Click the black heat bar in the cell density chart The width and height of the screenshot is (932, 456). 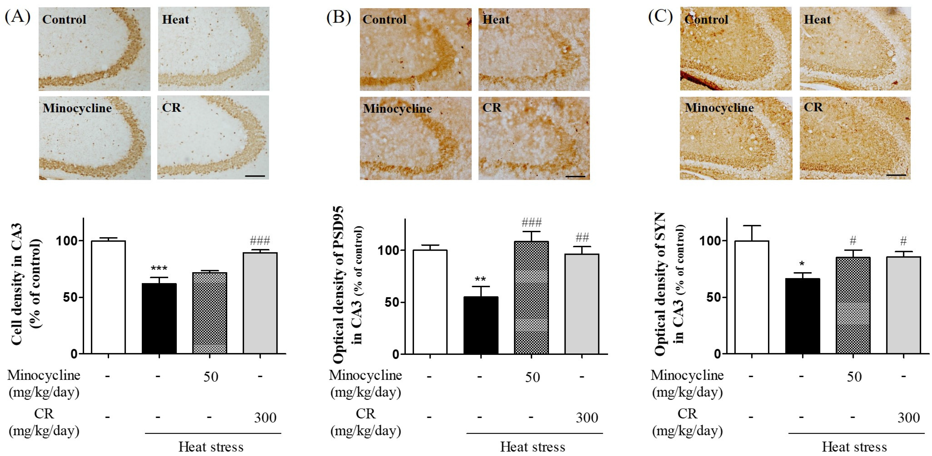159,318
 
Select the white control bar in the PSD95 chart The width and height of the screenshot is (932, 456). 430,302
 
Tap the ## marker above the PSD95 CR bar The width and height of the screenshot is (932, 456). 582,238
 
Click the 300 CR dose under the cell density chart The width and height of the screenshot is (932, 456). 265,418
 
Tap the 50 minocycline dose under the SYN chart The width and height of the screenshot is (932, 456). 854,377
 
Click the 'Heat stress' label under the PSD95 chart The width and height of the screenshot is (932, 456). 533,447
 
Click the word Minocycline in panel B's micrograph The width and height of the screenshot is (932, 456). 397,108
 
